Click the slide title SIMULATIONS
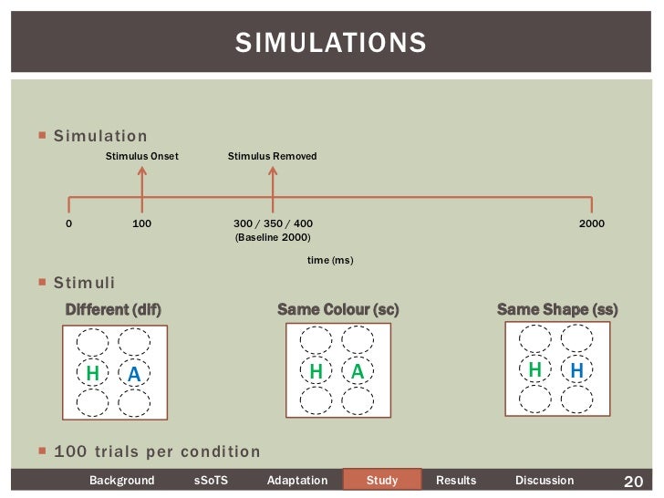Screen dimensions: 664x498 [330, 42]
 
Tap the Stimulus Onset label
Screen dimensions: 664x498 [141, 157]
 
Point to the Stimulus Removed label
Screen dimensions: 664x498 [272, 157]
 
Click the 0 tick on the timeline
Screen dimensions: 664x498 [69, 223]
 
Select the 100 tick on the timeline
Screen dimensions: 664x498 [141, 223]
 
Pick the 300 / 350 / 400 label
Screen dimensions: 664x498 [273, 223]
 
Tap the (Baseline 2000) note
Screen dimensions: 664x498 [273, 237]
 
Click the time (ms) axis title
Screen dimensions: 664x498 [330, 261]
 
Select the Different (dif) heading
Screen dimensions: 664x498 [113, 310]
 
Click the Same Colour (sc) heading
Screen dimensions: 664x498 [337, 310]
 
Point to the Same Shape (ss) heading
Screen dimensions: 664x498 [556, 310]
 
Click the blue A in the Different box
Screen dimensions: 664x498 [134, 374]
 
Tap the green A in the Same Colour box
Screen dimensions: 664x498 [358, 372]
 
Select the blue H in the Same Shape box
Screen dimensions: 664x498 [576, 370]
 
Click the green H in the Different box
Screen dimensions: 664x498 [92, 374]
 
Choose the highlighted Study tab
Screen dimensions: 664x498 [382, 481]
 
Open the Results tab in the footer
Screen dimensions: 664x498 [457, 481]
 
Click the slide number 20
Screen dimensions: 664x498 [633, 481]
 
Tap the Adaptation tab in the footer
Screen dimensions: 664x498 [296, 481]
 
